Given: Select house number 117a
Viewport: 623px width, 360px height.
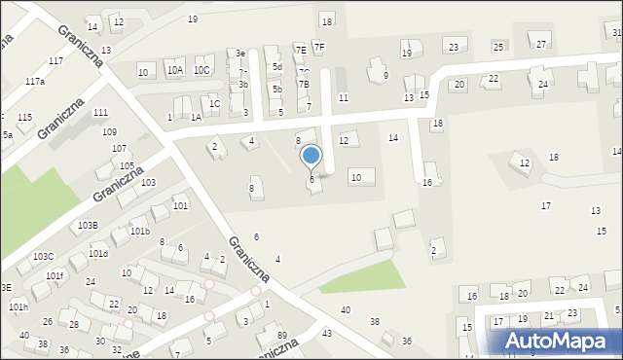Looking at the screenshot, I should [35, 82].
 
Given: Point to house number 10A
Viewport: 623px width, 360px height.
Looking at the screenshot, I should [174, 70].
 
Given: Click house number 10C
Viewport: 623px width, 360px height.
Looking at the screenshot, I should [202, 70].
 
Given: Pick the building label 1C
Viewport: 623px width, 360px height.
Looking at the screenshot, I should [214, 103].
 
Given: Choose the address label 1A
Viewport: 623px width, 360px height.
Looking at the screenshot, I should [196, 117].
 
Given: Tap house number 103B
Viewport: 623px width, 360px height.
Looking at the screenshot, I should [88, 225].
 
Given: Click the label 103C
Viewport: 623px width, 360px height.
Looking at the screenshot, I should [43, 256].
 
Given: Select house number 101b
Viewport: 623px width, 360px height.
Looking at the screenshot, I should [139, 232].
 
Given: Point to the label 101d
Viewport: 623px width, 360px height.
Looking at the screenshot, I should [98, 253].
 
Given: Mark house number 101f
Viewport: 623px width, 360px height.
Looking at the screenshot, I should [54, 275].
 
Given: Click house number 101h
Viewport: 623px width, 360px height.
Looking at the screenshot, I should [18, 306].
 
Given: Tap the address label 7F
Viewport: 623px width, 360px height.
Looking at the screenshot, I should [319, 47].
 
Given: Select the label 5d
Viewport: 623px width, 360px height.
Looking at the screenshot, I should [277, 67].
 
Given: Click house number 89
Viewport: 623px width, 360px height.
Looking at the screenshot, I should [282, 336].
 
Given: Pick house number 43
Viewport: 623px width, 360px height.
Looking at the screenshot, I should [327, 333].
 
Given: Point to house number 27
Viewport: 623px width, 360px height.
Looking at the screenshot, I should [541, 44].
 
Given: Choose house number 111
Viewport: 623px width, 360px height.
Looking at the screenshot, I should [100, 113].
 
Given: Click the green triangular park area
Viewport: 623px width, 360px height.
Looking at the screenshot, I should [365, 276].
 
